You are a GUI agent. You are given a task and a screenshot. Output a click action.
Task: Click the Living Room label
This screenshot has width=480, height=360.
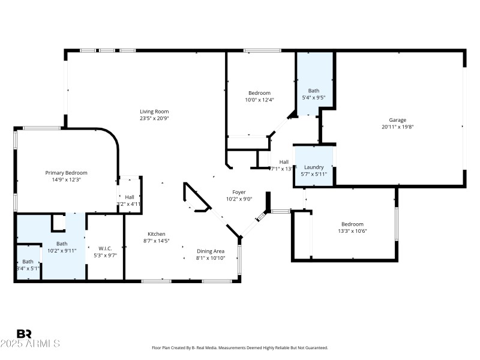point(154,111)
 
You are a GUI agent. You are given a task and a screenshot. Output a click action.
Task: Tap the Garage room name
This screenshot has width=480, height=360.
point(398,119)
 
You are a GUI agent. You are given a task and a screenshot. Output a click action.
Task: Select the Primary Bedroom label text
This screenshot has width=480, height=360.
point(67,173)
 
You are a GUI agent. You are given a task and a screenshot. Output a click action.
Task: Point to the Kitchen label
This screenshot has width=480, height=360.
point(157,234)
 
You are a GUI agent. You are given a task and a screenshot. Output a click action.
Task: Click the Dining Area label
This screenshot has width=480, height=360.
point(211,251)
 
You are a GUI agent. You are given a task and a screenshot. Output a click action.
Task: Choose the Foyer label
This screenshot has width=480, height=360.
point(239,192)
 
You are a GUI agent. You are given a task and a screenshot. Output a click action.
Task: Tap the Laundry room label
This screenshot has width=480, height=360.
point(314,167)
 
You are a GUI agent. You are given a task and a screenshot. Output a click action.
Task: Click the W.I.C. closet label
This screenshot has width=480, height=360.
point(105,248)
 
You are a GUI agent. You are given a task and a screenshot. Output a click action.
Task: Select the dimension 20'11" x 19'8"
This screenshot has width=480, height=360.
point(398,127)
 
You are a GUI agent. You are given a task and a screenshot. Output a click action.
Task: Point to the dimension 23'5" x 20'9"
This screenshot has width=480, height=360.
point(154,118)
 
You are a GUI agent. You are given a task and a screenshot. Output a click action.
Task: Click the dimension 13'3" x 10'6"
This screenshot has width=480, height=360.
point(352,231)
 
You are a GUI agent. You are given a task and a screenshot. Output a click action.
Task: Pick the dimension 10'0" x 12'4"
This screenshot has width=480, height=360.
point(260,100)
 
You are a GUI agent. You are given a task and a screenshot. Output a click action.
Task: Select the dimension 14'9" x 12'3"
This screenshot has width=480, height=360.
point(67,179)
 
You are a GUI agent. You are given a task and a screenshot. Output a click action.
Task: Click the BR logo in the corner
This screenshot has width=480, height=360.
point(25,334)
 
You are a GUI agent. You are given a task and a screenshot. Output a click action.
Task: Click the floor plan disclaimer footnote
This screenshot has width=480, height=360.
point(240,348)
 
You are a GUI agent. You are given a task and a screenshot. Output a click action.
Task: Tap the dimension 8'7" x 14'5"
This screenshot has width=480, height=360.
point(157,241)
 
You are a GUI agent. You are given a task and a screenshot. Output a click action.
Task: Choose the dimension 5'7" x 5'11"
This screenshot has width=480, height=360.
point(314,174)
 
